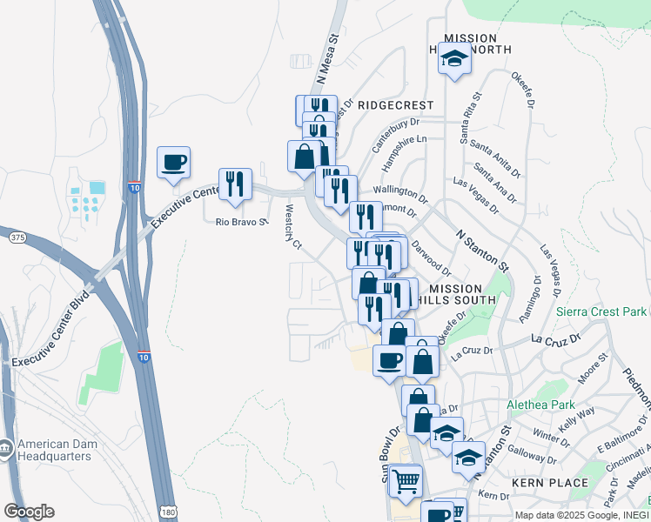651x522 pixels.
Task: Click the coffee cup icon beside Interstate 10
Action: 173,162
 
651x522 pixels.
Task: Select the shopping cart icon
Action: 406,481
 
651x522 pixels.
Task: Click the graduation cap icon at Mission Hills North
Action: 453,60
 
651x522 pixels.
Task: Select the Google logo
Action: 29,511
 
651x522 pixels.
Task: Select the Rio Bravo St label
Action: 240,222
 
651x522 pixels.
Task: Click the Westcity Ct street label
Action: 292,228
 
